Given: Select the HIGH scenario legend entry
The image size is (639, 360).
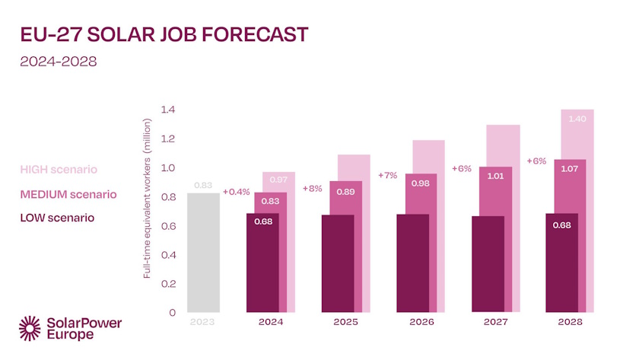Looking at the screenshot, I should click(x=59, y=168).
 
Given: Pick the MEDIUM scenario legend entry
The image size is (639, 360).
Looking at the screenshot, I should click(x=68, y=194).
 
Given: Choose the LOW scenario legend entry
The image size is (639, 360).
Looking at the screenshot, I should click(x=58, y=218).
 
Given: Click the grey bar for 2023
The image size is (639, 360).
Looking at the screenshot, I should click(x=203, y=252).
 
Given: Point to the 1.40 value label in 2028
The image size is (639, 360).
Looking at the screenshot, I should click(x=577, y=119).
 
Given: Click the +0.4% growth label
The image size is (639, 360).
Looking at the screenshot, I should click(x=236, y=191).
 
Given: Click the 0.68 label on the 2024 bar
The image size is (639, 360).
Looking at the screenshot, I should click(x=262, y=222).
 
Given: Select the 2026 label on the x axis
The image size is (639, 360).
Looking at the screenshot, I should click(x=421, y=322).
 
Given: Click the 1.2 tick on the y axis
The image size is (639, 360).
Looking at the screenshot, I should click(x=168, y=139).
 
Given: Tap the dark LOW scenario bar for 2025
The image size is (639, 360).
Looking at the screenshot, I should click(x=338, y=263).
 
